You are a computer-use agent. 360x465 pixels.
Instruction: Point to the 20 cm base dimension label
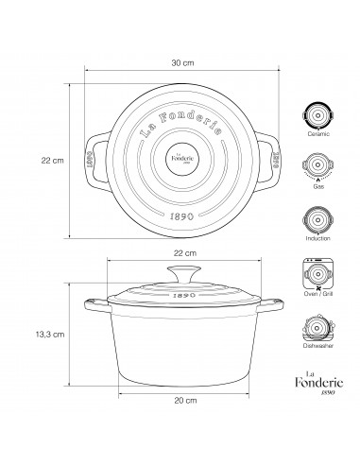pyautogui.click(x=185, y=401)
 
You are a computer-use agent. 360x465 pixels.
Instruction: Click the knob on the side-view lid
pyautogui.click(x=184, y=274)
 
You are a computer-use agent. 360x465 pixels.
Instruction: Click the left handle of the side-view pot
pyautogui.click(x=95, y=304)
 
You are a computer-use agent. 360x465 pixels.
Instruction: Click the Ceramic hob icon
pyautogui.click(x=318, y=114)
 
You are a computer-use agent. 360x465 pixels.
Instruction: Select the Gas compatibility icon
pyautogui.click(x=318, y=169)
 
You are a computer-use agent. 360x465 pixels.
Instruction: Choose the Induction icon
pyautogui.click(x=318, y=220)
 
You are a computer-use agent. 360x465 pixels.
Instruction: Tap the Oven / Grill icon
pyautogui.click(x=318, y=274)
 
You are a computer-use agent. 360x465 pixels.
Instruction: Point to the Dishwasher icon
pyautogui.click(x=318, y=329)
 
